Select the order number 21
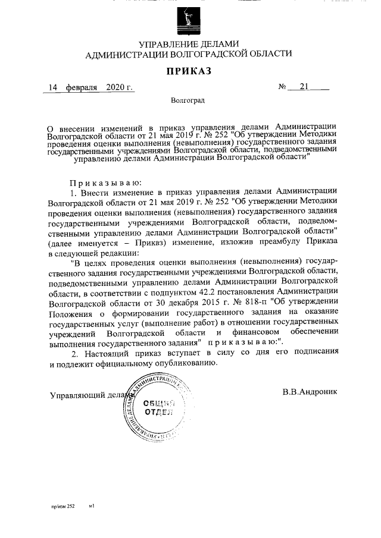click(305, 88)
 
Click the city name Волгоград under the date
click(188, 101)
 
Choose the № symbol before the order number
click(283, 88)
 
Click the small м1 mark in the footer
click(92, 506)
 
